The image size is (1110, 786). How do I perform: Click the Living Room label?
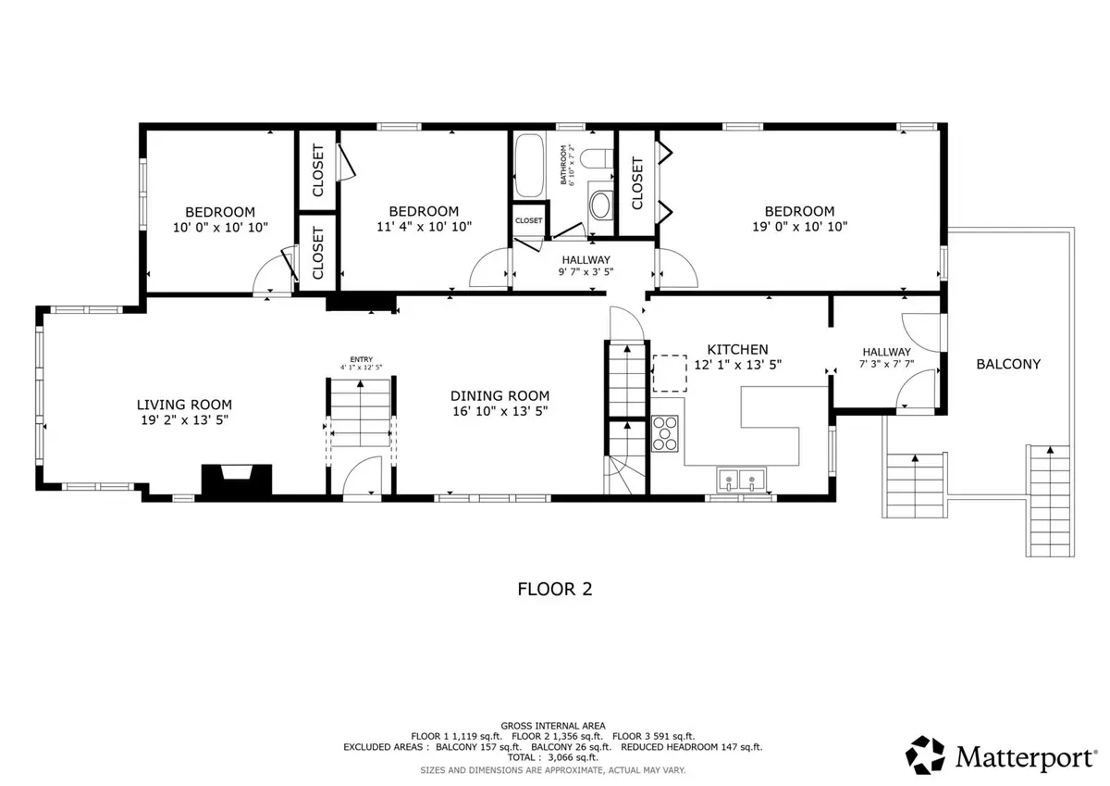pos(184,405)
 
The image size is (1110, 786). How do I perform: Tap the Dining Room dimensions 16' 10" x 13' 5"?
pos(500,411)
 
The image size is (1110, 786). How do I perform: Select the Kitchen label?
pos(737,350)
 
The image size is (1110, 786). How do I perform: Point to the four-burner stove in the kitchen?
pos(664,433)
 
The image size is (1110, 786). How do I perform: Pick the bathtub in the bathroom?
pos(529,166)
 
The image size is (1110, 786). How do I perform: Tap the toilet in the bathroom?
pos(597,159)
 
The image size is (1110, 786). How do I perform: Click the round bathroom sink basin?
pos(600,206)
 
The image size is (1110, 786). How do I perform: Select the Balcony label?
pos(1008,364)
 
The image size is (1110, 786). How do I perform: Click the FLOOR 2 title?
pos(554,589)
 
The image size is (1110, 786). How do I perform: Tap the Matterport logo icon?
pos(925,755)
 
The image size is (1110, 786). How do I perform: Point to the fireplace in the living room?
pos(237,479)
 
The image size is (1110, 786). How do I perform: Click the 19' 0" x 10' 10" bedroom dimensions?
pos(800,227)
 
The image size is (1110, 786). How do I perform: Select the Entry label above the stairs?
pos(362,359)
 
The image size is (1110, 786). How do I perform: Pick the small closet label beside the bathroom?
pos(528,220)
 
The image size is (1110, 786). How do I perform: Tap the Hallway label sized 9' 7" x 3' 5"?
pos(586,260)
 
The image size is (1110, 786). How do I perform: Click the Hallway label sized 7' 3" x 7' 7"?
pos(886,352)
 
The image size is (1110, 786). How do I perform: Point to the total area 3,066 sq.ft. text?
pos(552,757)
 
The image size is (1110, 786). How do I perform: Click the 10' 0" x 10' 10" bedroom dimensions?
pos(220,228)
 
